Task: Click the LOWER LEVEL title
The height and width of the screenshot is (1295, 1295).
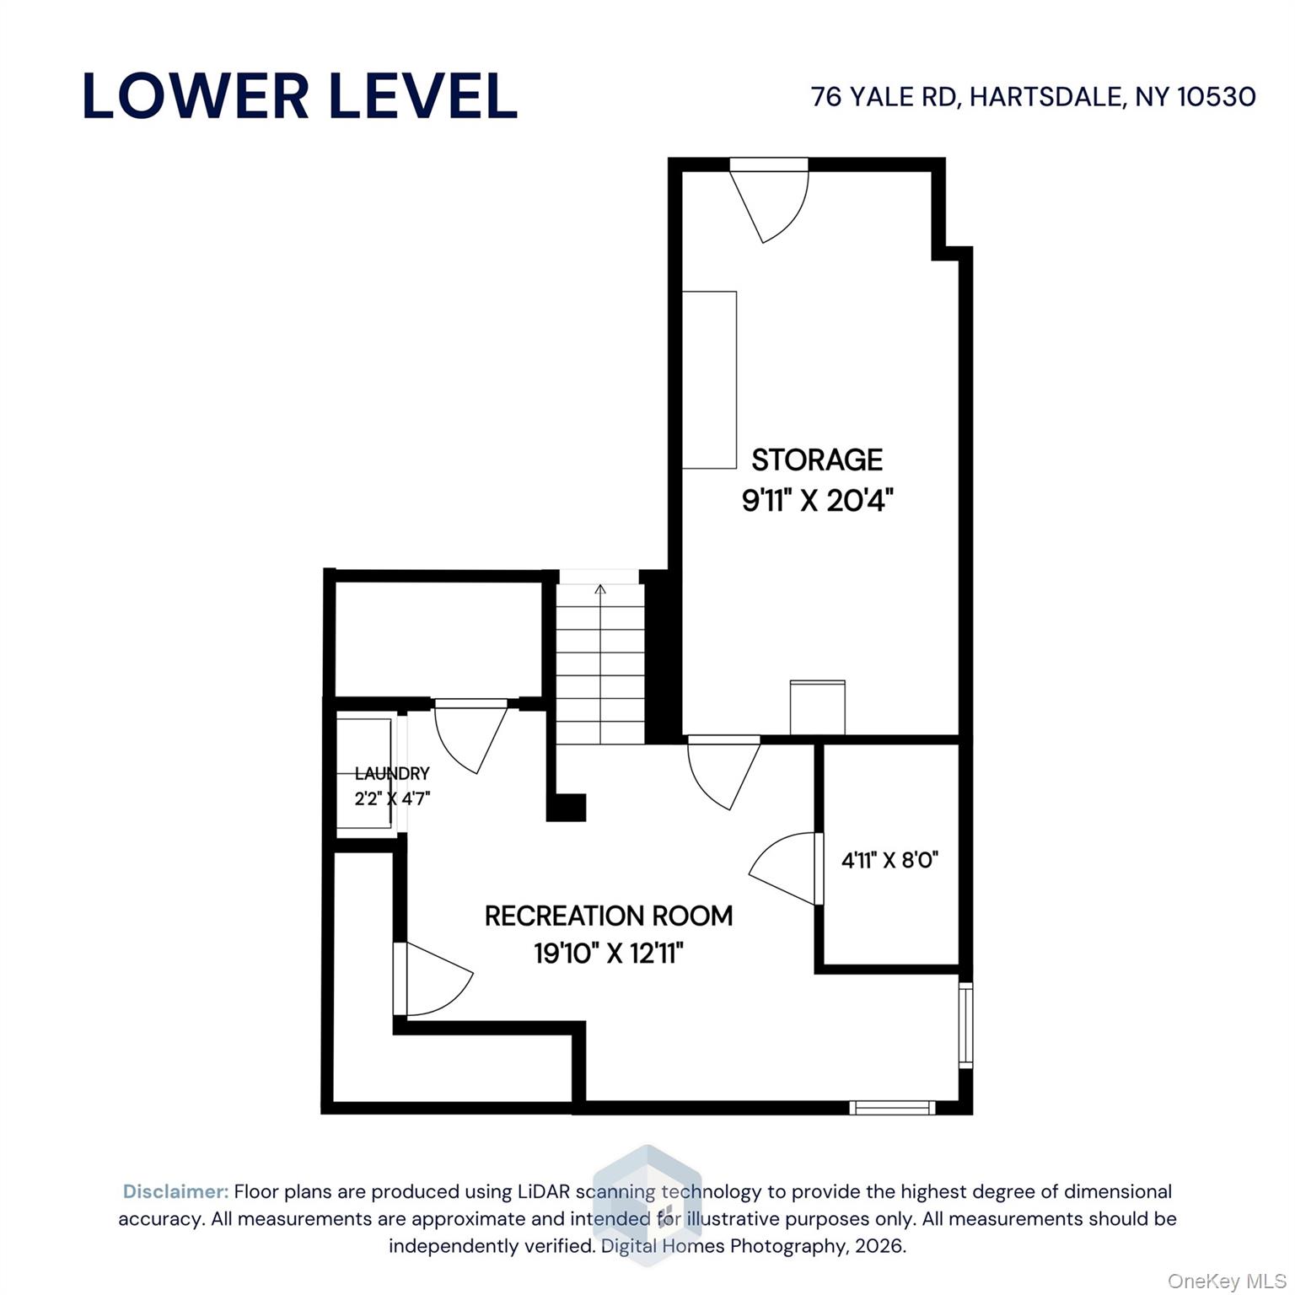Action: point(299,96)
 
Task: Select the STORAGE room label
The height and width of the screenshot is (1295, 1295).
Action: point(817,459)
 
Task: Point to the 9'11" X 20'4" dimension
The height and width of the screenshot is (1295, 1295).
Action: point(817,502)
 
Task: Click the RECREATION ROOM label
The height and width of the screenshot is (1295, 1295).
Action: point(609,916)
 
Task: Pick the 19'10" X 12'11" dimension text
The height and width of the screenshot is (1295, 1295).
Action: point(609,954)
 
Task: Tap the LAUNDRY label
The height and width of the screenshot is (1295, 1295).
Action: point(392,773)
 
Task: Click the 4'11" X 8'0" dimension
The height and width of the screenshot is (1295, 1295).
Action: point(890,860)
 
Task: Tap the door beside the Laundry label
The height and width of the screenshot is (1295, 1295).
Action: point(470,736)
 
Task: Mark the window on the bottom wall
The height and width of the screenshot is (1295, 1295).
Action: point(892,1107)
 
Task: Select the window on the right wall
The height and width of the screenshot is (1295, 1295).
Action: point(966,1024)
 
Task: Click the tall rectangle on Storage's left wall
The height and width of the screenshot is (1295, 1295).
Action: point(709,380)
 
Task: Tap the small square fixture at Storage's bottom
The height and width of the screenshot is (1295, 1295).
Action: point(817,707)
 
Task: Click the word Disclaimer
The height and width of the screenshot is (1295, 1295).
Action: point(175,1191)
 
